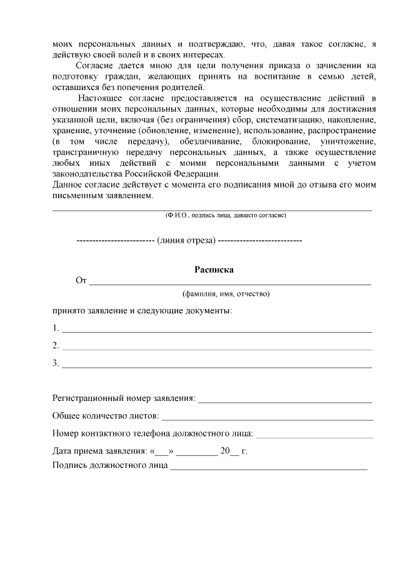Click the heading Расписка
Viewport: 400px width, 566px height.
pos(214,270)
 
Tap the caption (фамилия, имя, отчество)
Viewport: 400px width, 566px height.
pos(226,293)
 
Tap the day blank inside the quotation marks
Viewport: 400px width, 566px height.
pos(161,452)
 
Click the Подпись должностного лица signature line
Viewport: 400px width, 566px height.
pos(269,467)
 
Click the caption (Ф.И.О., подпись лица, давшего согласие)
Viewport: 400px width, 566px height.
pos(226,215)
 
